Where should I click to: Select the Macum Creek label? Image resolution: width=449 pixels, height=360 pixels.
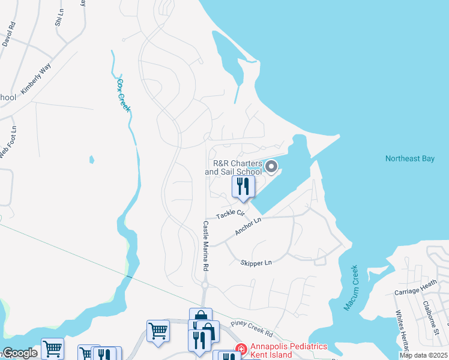point(351,288)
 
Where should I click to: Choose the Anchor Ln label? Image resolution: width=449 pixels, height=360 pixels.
point(249,226)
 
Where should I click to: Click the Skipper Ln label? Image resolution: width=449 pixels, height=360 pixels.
point(256,263)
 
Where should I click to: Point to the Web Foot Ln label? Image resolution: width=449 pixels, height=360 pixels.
point(7,142)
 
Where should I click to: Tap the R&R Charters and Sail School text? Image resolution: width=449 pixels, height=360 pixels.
point(234,167)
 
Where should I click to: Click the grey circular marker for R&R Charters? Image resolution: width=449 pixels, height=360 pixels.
point(272,167)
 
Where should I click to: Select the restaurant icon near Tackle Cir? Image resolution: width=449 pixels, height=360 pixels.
point(243,186)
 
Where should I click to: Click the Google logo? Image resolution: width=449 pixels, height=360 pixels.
point(20,353)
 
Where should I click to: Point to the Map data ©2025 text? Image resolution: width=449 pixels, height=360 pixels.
point(423,355)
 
